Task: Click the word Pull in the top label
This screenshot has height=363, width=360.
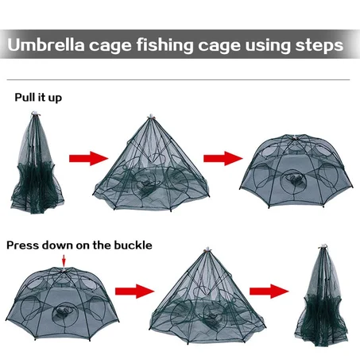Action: point(25,98)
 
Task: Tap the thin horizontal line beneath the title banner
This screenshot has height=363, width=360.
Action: point(180,79)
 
